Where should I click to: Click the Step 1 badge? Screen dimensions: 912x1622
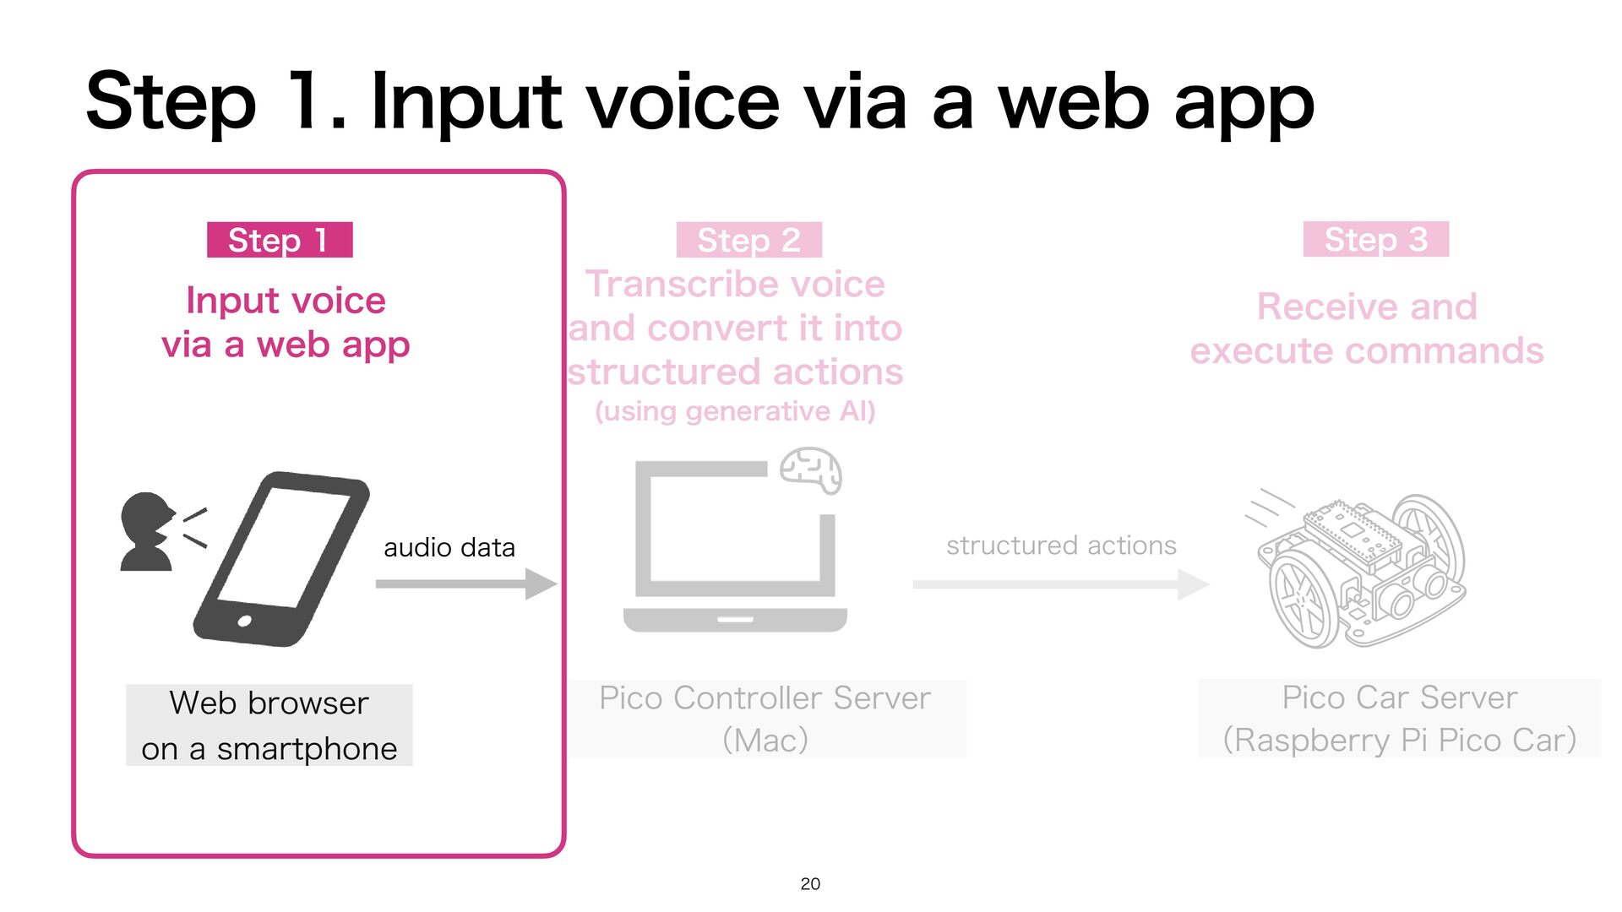pos(280,240)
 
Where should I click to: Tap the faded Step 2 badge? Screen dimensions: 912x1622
pos(748,240)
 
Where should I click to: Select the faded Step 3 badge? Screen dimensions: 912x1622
pos(1375,239)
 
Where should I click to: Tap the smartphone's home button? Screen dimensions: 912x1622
pos(245,622)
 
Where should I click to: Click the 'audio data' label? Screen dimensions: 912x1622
pos(449,547)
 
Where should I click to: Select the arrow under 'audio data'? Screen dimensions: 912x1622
pos(465,584)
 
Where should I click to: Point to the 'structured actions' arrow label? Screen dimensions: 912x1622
pos(1061,546)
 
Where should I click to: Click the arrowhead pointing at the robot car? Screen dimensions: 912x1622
pos(1193,584)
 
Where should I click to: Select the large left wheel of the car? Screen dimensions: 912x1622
pos(1301,600)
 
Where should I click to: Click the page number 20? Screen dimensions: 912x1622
pos(810,883)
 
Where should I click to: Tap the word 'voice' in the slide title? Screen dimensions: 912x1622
pos(683,103)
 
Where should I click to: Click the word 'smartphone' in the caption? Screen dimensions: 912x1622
pos(307,749)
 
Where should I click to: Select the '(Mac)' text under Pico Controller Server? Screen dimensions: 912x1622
pos(765,741)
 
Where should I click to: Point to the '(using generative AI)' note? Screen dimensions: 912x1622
pos(735,411)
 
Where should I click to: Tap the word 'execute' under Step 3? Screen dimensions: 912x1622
pos(1258,350)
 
